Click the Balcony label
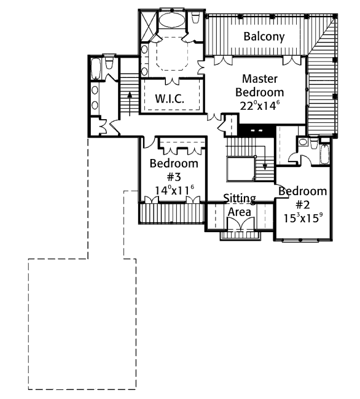(x=264, y=36)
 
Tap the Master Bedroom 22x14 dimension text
(x=258, y=106)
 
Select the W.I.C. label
(x=170, y=98)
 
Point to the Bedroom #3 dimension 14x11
(x=174, y=190)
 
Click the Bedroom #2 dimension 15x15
(x=303, y=218)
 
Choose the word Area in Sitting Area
(x=240, y=212)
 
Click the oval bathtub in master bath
(x=172, y=20)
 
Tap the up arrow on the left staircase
(x=130, y=104)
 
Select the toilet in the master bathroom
(x=195, y=18)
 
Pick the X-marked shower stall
(x=147, y=25)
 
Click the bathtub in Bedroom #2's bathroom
(x=324, y=154)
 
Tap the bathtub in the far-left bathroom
(x=96, y=69)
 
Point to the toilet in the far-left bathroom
(x=109, y=63)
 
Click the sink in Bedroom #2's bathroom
(x=303, y=141)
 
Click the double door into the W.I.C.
(x=172, y=81)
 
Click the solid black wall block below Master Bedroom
(x=257, y=131)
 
